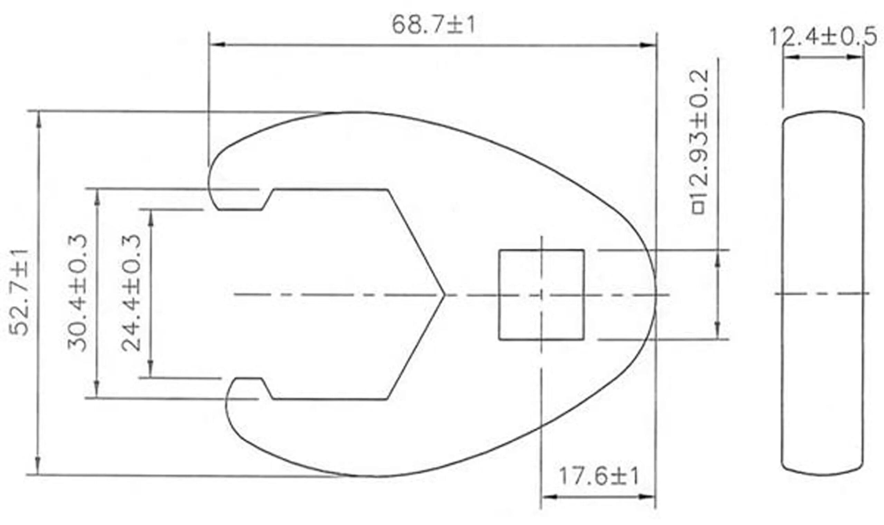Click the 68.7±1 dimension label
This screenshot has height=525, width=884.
pos(433,25)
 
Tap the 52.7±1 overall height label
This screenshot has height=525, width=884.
pos(18,292)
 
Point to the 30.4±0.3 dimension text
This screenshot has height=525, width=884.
pos(77,293)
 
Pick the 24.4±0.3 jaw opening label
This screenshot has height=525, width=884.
pos(131,293)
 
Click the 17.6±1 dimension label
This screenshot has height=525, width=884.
pos(598,477)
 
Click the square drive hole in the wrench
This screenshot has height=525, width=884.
pos(541,295)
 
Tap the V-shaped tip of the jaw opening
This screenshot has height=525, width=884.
pos(444,295)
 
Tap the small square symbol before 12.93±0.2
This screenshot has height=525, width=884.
pos(699,208)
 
